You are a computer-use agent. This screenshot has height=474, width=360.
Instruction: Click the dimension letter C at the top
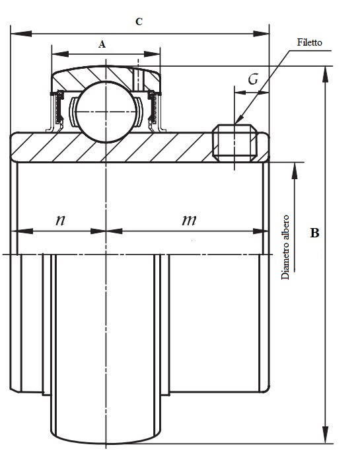click(x=138, y=22)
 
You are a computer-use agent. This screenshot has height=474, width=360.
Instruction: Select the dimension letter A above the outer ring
click(x=102, y=44)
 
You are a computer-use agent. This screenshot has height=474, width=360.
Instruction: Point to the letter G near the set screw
click(x=252, y=80)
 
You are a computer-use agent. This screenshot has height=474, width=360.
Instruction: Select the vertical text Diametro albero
click(x=286, y=247)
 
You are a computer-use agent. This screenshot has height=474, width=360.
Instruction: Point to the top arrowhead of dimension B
click(x=325, y=73)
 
